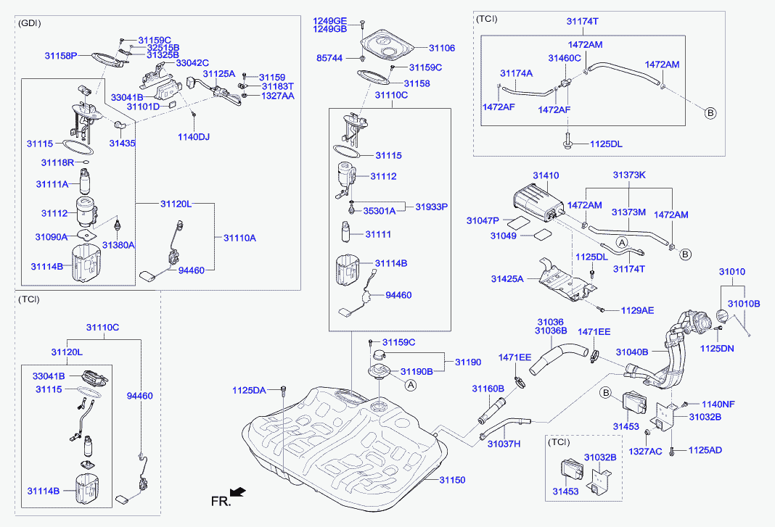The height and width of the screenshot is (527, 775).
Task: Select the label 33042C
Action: click(192, 63)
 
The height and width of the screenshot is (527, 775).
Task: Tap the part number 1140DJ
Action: click(193, 136)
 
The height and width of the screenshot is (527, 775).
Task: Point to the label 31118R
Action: click(58, 162)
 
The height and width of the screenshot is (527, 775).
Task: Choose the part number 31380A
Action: click(118, 246)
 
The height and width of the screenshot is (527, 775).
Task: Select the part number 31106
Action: click(442, 48)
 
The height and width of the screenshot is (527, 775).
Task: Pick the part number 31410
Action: click(546, 175)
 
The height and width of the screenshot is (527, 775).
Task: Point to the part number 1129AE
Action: click(637, 310)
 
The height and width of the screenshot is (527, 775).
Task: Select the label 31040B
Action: click(632, 352)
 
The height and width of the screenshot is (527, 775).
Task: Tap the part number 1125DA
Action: click(250, 390)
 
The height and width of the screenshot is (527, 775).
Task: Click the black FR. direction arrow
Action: click(237, 493)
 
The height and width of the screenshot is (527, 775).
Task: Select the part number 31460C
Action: click(565, 58)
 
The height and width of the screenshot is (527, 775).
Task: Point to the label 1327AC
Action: click(646, 451)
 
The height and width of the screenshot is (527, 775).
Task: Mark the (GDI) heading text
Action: click(29, 23)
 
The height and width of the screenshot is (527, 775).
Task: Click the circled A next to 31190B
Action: click(410, 385)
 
